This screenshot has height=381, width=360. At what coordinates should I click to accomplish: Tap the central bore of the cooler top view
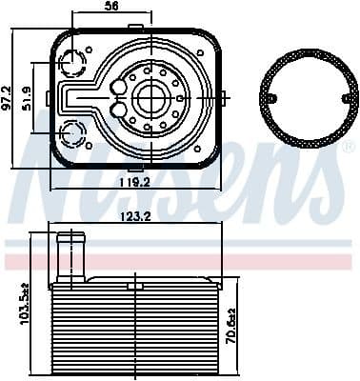pos(150,96)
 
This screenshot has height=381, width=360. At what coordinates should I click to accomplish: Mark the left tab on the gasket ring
pos(270,98)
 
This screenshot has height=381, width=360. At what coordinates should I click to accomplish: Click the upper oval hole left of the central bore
pos(117,87)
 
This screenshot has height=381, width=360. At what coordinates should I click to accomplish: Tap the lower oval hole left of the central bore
pos(117,110)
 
